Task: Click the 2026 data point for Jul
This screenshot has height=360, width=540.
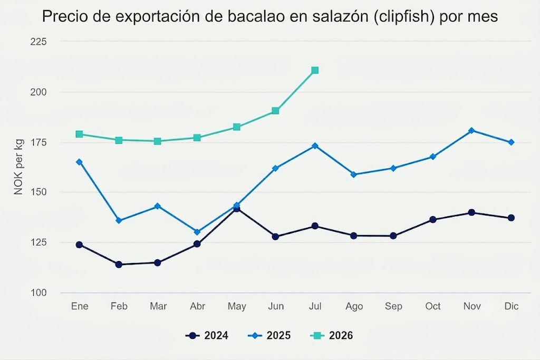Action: [x=315, y=71]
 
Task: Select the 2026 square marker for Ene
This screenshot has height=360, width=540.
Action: [x=79, y=134]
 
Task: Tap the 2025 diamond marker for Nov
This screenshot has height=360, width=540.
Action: [x=472, y=130]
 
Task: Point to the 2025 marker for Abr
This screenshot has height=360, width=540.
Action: [x=197, y=232]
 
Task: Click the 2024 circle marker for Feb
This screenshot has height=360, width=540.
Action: [x=119, y=264]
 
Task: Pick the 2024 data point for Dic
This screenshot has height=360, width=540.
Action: [x=511, y=218]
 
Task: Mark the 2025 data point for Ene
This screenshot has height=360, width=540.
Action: [x=79, y=162]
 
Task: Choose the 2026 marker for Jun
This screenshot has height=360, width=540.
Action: [x=275, y=111]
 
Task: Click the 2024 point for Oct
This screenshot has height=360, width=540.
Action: [x=433, y=220]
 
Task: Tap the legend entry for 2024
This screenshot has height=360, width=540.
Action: [x=207, y=336]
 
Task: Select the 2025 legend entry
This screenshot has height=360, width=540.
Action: [x=269, y=336]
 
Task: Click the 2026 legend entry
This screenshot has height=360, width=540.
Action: [x=332, y=336]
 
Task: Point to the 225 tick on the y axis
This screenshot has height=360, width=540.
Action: [x=38, y=42]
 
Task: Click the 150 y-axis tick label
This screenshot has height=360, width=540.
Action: [x=38, y=192]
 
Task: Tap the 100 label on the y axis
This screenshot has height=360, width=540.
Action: [x=38, y=293]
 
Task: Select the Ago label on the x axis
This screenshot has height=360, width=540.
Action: [x=354, y=306]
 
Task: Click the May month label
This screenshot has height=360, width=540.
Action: [x=237, y=306]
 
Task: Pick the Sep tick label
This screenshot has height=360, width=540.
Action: [x=393, y=306]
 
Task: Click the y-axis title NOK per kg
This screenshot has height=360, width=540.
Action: [x=18, y=167]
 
